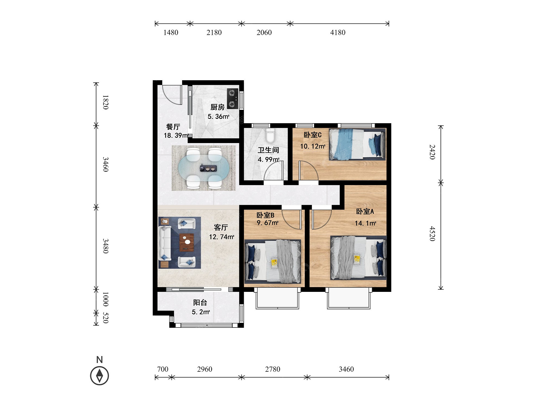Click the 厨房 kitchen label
click(218, 107)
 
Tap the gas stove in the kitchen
click(233, 98)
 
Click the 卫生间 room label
click(268, 150)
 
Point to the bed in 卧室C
click(357, 144)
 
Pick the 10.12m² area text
click(313, 146)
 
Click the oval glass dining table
click(203, 168)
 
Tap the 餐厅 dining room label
click(173, 127)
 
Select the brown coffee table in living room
click(187, 242)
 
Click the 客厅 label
click(221, 227)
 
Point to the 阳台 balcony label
click(200, 302)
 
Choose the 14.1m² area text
click(365, 223)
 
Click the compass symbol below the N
click(100, 376)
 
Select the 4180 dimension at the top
click(338, 33)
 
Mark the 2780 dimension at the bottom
click(273, 369)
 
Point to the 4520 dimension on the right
click(432, 234)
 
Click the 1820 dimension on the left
click(106, 102)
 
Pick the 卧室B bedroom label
click(265, 215)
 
